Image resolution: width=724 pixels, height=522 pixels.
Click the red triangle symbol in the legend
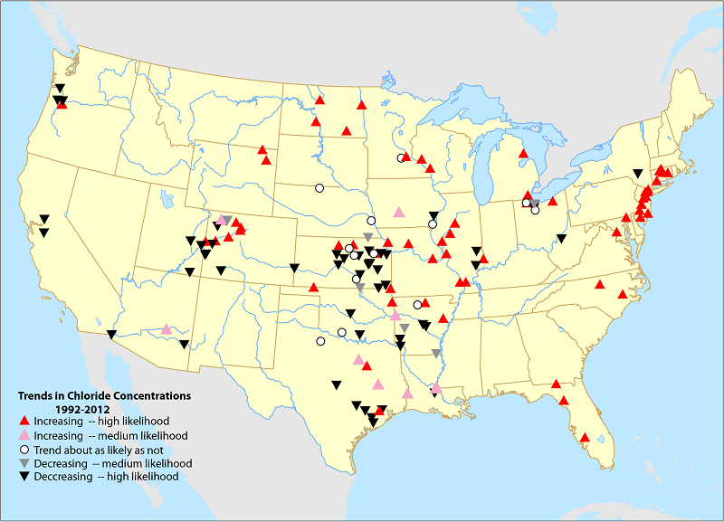pos(24,422)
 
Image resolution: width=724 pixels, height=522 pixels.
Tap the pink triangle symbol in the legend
pos(24,435)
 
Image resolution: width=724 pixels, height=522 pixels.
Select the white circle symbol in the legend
pos(24,449)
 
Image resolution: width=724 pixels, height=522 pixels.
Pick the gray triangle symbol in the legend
pos(24,463)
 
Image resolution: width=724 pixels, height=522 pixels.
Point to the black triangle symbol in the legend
pos(24,477)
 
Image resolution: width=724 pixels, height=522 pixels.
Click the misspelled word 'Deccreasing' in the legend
pos(61,477)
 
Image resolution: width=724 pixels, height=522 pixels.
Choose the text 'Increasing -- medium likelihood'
pos(110,435)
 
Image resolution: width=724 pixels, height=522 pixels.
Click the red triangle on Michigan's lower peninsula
pos(523,154)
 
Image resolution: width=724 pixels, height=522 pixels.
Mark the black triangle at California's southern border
pos(111,335)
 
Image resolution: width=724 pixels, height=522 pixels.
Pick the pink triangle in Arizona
pos(167,329)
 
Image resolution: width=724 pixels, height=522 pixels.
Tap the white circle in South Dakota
pos(319,188)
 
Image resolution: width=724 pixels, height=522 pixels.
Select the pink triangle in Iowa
pos(399,212)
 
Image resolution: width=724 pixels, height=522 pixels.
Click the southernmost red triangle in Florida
pos(585,438)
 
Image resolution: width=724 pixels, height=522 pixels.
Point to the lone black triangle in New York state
pos(638,173)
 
